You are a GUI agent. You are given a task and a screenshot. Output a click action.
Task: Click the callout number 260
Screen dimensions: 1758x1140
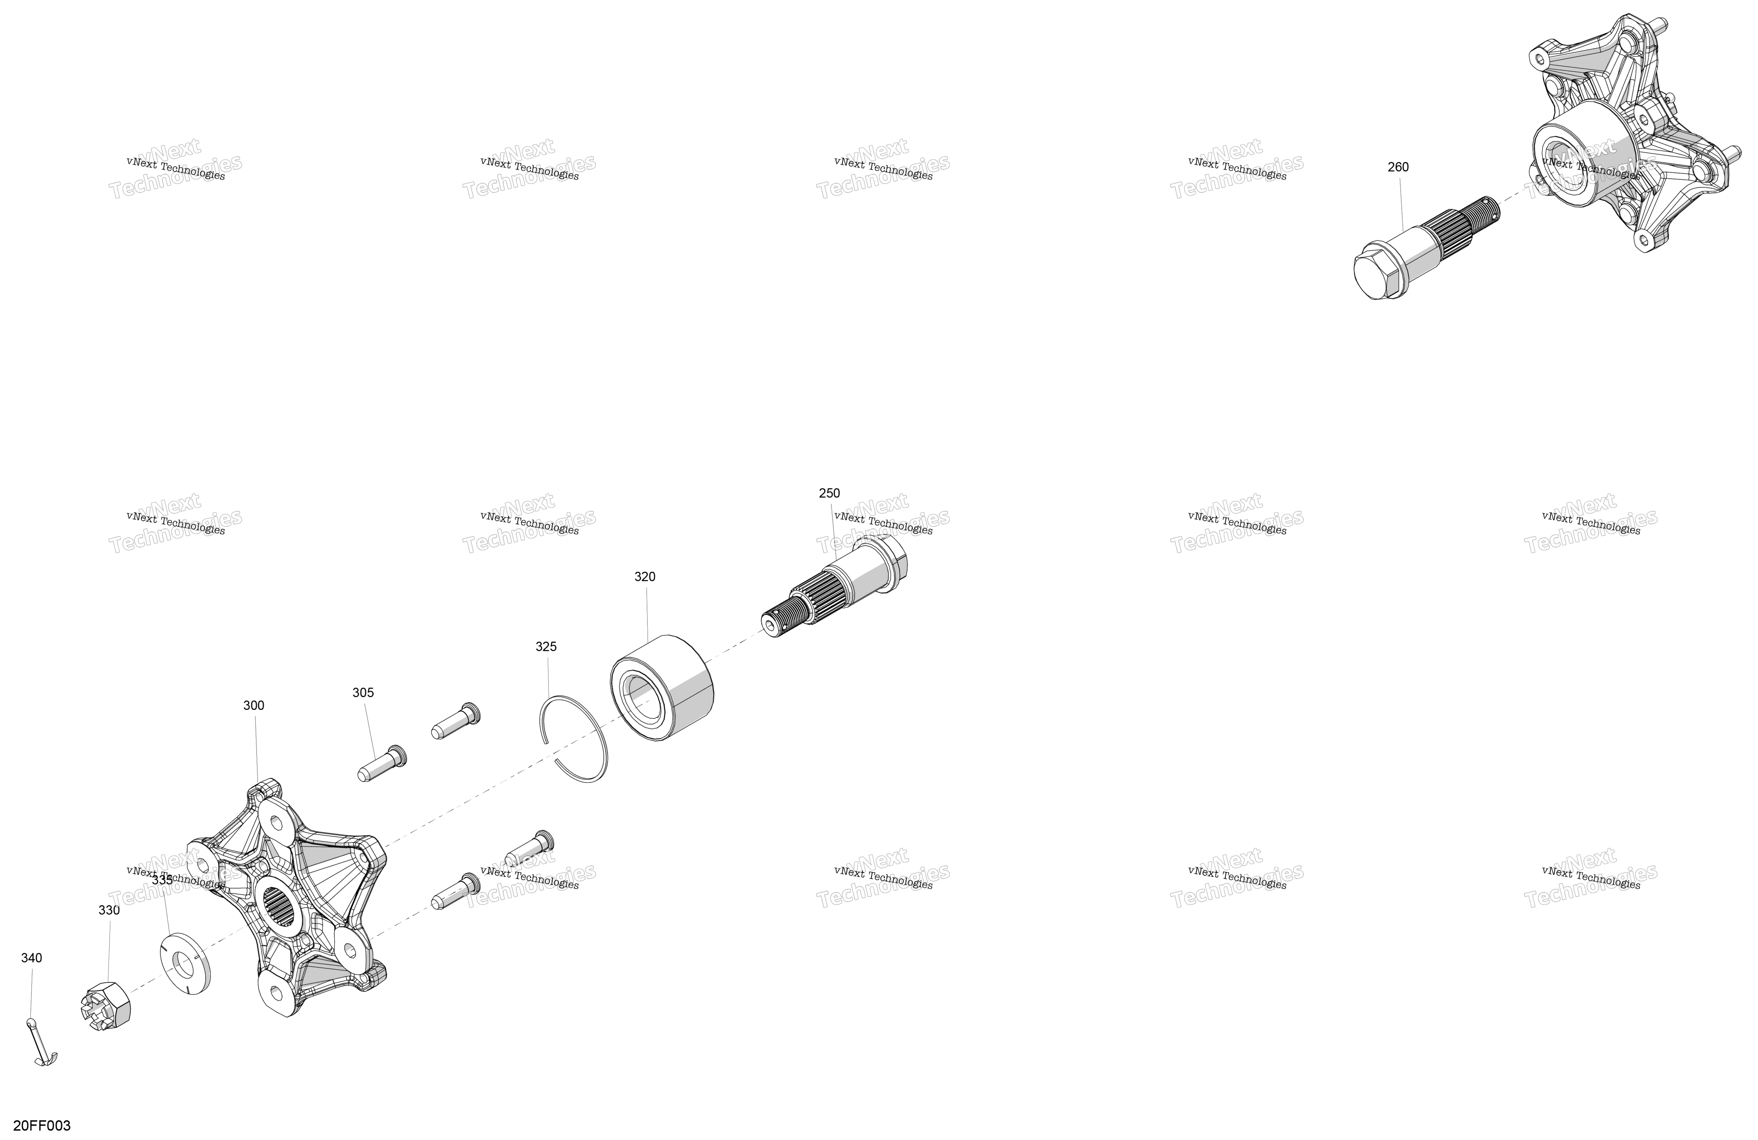[x=1398, y=167]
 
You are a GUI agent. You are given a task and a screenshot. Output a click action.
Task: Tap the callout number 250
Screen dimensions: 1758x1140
[x=829, y=493]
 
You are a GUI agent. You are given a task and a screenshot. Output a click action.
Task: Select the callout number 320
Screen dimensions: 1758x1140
[x=644, y=576]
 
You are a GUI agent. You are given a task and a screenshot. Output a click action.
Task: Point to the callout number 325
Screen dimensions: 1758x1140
[x=546, y=647]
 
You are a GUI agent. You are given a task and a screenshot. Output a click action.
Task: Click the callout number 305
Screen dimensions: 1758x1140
[x=363, y=692]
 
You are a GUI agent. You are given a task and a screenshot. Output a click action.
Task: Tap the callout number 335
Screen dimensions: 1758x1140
[x=162, y=880]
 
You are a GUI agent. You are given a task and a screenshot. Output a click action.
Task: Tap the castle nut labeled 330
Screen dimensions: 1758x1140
[x=104, y=1006]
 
